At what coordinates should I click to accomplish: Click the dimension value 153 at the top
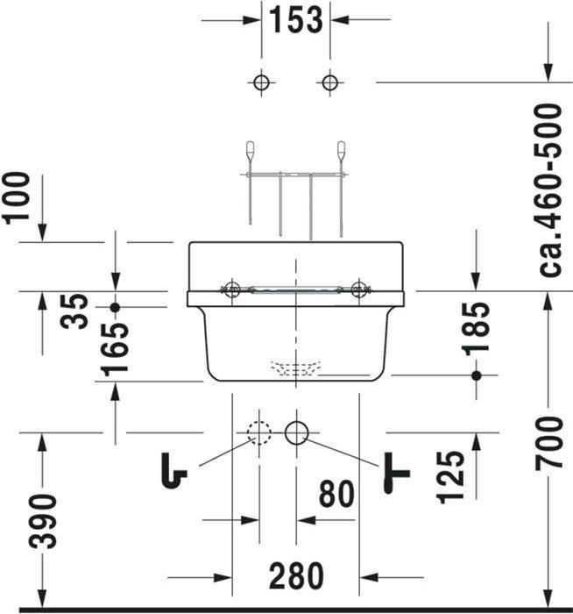[x=295, y=19]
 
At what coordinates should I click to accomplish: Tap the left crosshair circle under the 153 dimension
[x=260, y=83]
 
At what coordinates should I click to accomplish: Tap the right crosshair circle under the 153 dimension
[x=329, y=83]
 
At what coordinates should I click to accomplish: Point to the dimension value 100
[x=18, y=197]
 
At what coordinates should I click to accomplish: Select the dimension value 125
[x=451, y=477]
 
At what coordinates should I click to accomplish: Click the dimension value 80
[x=336, y=495]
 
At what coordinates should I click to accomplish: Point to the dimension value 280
[x=296, y=576]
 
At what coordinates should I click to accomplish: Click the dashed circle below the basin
[x=258, y=432]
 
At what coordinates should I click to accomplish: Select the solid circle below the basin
[x=297, y=432]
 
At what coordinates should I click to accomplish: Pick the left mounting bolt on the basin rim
[x=231, y=289]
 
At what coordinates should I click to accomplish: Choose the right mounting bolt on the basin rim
[x=358, y=289]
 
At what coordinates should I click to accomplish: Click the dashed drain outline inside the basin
[x=296, y=368]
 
